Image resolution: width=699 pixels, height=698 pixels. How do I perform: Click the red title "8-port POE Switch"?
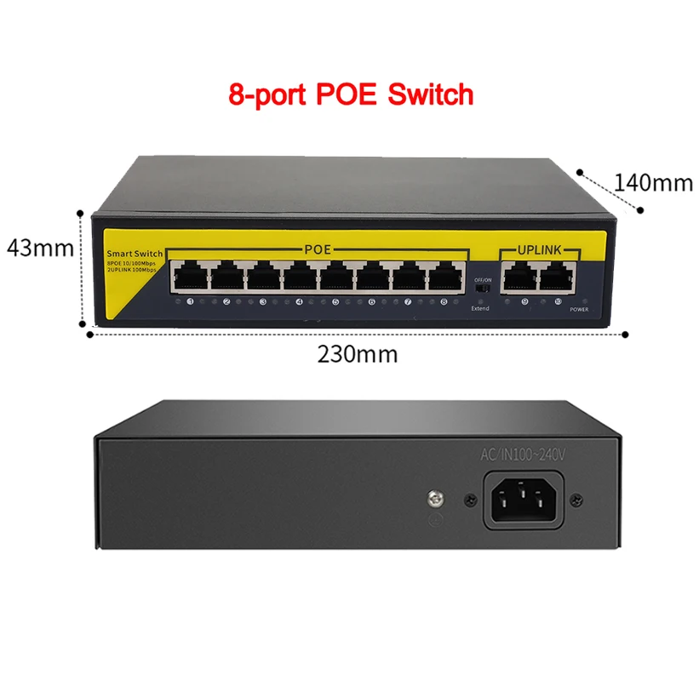click(350, 94)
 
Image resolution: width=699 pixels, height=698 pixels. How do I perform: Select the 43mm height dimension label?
click(39, 248)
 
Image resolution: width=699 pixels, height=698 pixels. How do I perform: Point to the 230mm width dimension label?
click(358, 353)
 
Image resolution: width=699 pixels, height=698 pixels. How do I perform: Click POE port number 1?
click(190, 276)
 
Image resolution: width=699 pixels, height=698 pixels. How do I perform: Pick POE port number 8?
click(445, 276)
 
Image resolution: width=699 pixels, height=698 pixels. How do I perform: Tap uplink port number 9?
click(519, 276)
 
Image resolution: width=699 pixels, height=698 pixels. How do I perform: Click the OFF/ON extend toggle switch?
click(482, 289)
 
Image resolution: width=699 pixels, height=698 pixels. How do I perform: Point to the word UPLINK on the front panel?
click(537, 250)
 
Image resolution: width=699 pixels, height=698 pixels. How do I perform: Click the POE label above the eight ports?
click(318, 249)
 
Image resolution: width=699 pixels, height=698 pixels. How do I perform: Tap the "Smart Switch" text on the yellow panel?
click(134, 255)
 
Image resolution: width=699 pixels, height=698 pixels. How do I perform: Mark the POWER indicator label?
click(579, 311)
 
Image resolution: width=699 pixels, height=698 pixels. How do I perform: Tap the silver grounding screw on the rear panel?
click(433, 495)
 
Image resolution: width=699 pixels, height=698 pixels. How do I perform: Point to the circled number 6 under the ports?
click(371, 301)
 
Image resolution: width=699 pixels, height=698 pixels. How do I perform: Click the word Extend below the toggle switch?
click(480, 308)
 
